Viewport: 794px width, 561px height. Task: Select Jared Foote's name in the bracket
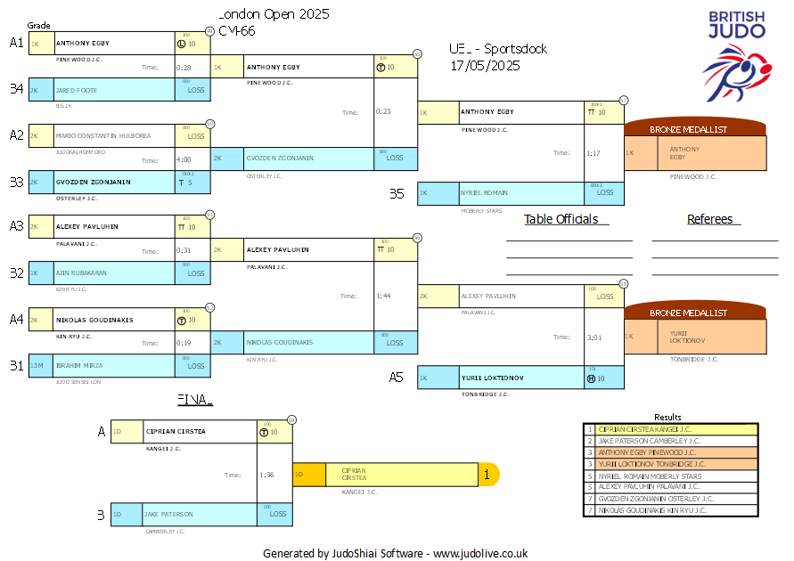pos(77,90)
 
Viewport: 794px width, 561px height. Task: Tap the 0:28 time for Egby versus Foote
pos(184,67)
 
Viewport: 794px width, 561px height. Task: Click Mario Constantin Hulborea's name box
pos(103,136)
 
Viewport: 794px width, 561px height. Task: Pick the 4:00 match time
pos(184,159)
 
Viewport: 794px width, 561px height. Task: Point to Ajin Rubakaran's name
pos(81,273)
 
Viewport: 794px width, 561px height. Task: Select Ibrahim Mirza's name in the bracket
pos(80,365)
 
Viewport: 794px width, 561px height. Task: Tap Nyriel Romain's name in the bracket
pos(485,193)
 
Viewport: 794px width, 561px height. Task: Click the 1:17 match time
pos(593,153)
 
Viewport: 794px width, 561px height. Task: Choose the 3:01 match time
pos(593,337)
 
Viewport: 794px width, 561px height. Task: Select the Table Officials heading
pos(561,219)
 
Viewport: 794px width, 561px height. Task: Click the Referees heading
pos(710,219)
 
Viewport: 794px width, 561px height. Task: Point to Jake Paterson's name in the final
pos(168,514)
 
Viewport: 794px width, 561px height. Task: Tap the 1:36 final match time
pos(266,475)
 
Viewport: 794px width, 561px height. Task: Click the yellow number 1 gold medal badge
pos(487,475)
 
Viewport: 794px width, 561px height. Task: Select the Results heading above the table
pos(667,417)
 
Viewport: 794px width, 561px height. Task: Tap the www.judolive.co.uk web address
pos(480,553)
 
